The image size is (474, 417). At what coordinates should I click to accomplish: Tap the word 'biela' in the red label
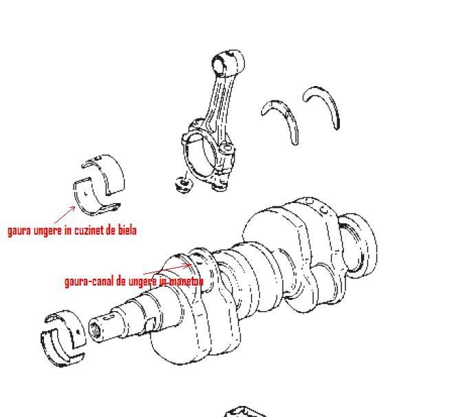pos(127,231)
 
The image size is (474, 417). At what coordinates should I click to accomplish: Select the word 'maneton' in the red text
pos(186,281)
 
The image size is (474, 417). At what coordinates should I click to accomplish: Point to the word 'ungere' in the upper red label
pos(47,231)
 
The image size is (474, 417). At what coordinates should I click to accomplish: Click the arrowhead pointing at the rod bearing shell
pos(73,208)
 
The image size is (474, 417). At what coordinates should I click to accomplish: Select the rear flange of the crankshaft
pos(358,246)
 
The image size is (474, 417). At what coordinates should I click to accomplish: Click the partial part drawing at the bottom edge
pos(245,412)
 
